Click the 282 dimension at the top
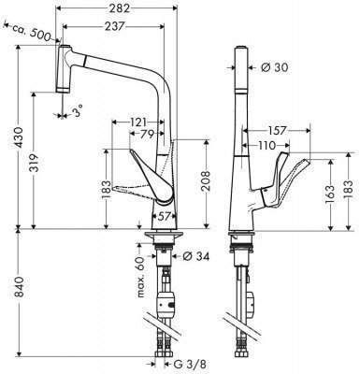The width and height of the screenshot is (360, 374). tap(119, 8)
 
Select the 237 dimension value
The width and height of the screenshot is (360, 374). tap(114, 26)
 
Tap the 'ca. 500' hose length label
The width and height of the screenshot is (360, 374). tap(32, 33)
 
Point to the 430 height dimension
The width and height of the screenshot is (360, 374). tap(19, 137)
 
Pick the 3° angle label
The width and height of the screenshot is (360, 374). tap(78, 110)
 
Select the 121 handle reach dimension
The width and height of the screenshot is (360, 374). tap(137, 122)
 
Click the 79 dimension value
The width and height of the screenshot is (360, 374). tap(146, 134)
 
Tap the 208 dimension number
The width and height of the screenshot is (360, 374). tap(206, 182)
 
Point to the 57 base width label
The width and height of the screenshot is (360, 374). tap(164, 216)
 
